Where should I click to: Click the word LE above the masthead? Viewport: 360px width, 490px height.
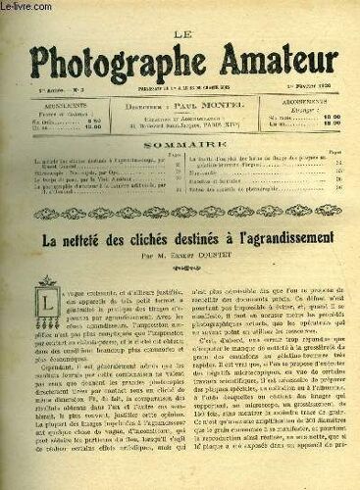[x=180, y=13]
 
